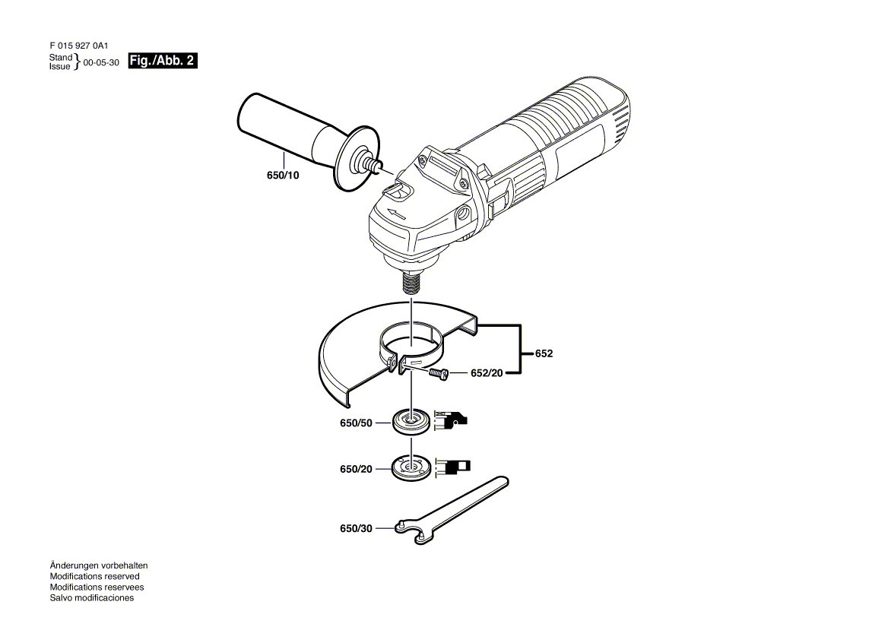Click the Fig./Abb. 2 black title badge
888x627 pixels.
163,61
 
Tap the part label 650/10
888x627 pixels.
283,176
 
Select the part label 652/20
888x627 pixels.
487,373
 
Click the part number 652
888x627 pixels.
544,353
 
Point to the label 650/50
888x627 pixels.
356,423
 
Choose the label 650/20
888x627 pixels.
356,469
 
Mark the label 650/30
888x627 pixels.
356,528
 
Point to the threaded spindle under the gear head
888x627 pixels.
412,282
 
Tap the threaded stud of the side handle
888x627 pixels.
374,165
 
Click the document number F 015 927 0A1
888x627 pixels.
78,46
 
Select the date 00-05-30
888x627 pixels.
101,62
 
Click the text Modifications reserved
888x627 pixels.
94,576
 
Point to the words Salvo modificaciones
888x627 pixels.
92,597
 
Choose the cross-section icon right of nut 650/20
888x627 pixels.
452,467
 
